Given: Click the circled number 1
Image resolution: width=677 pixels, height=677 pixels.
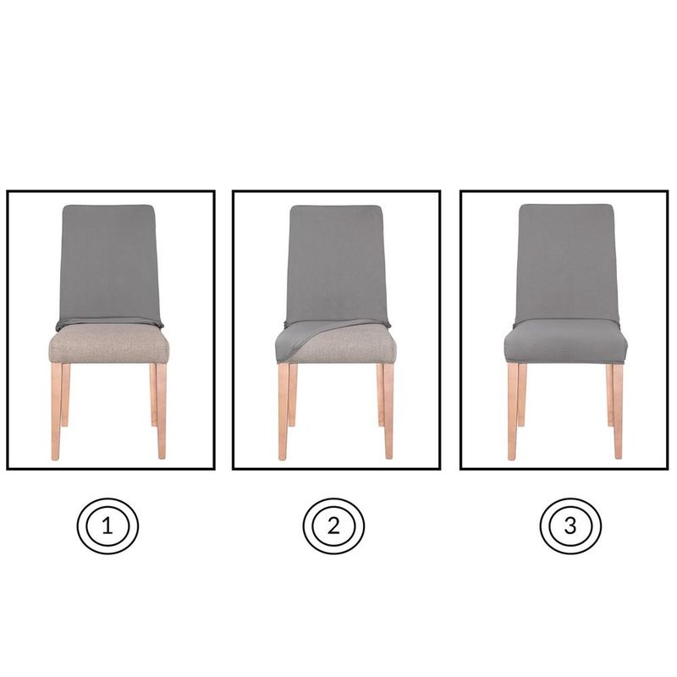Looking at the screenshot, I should [x=107, y=526].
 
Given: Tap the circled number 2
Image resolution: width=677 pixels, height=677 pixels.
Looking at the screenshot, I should [x=333, y=526].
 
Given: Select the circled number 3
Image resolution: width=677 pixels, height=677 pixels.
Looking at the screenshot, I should [x=570, y=526].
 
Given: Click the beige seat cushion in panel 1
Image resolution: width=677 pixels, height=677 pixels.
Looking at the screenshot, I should [x=108, y=347].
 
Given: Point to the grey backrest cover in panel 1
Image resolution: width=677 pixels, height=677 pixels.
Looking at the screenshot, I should [x=108, y=262].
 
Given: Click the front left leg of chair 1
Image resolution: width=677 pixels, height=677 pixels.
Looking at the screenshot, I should [x=56, y=410].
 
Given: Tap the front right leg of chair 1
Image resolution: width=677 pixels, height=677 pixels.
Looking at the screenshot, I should [x=161, y=410].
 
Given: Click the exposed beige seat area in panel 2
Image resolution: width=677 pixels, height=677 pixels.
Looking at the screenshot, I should [x=355, y=347].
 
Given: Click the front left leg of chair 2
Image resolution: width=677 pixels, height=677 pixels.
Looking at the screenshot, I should [x=283, y=410].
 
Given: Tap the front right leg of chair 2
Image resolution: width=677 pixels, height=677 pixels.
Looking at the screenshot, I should [x=388, y=410].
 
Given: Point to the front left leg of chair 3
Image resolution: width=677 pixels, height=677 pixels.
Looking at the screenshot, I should [x=513, y=410].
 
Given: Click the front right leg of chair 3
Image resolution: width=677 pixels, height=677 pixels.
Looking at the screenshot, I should [x=618, y=410].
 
